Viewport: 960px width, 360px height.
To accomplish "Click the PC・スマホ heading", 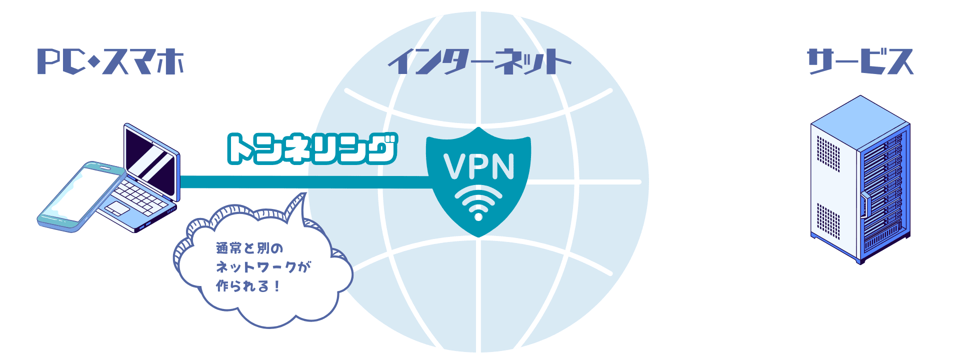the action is (110, 62).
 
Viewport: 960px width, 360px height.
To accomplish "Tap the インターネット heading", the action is (479, 61).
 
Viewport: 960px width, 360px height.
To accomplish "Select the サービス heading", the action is (860, 61).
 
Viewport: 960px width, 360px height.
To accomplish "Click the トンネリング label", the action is (312, 149).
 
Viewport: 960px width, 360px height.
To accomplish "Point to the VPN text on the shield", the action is (478, 166).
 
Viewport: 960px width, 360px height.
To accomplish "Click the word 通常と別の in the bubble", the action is (249, 247).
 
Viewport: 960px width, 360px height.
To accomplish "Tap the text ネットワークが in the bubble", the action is (263, 266).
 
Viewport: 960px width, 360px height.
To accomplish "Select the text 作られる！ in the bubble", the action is (248, 286).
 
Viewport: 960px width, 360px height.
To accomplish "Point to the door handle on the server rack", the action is (863, 205).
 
